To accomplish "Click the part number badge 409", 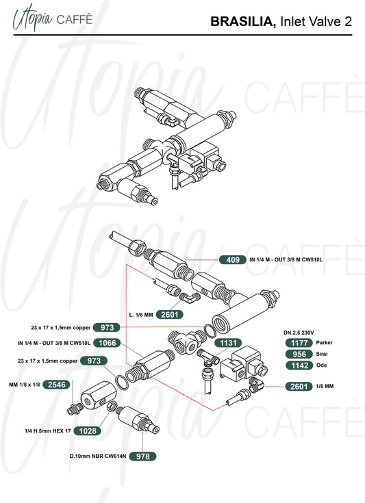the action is pos(233,259).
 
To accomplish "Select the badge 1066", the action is pos(107,343).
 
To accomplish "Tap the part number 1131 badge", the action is pos(228,343).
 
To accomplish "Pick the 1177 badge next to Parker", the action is pos(299,343).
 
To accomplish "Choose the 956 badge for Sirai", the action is pos(299,354).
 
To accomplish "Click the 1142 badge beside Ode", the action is pos(299,365).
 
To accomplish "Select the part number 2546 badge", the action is pos(57,385).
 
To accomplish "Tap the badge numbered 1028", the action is pos(88,431).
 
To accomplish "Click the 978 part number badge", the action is pos(142,456).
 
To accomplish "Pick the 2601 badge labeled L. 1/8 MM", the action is pos(170,315).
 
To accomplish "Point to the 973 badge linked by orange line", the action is pos(107,328).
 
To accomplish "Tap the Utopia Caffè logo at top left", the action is pos(53,19).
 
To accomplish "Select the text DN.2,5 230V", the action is pos(299,333).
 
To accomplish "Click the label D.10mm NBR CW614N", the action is pos(98,456).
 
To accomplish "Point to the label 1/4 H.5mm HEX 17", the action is pos(48,431).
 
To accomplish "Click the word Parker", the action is pos(324,343).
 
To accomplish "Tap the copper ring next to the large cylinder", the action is pos(209,331).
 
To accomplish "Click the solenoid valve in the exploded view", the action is pos(243,363).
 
